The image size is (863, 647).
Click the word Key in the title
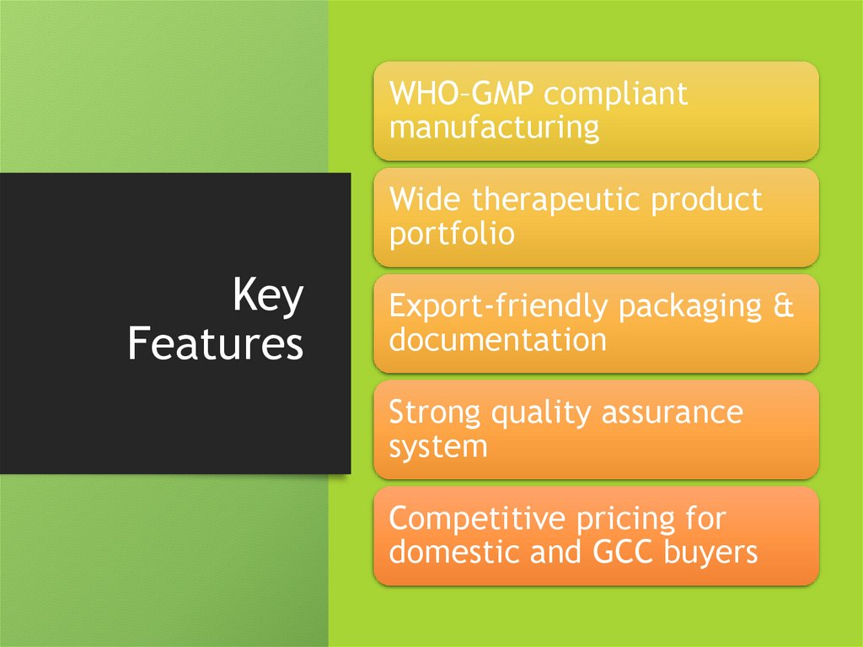(267, 298)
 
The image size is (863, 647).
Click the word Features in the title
(215, 344)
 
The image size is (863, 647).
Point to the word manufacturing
(495, 127)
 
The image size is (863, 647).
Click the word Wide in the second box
(426, 200)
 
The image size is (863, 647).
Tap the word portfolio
(452, 234)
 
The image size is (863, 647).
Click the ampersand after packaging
(783, 306)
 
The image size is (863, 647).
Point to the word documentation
(497, 340)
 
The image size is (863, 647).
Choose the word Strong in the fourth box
(435, 413)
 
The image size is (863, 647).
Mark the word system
(438, 447)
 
